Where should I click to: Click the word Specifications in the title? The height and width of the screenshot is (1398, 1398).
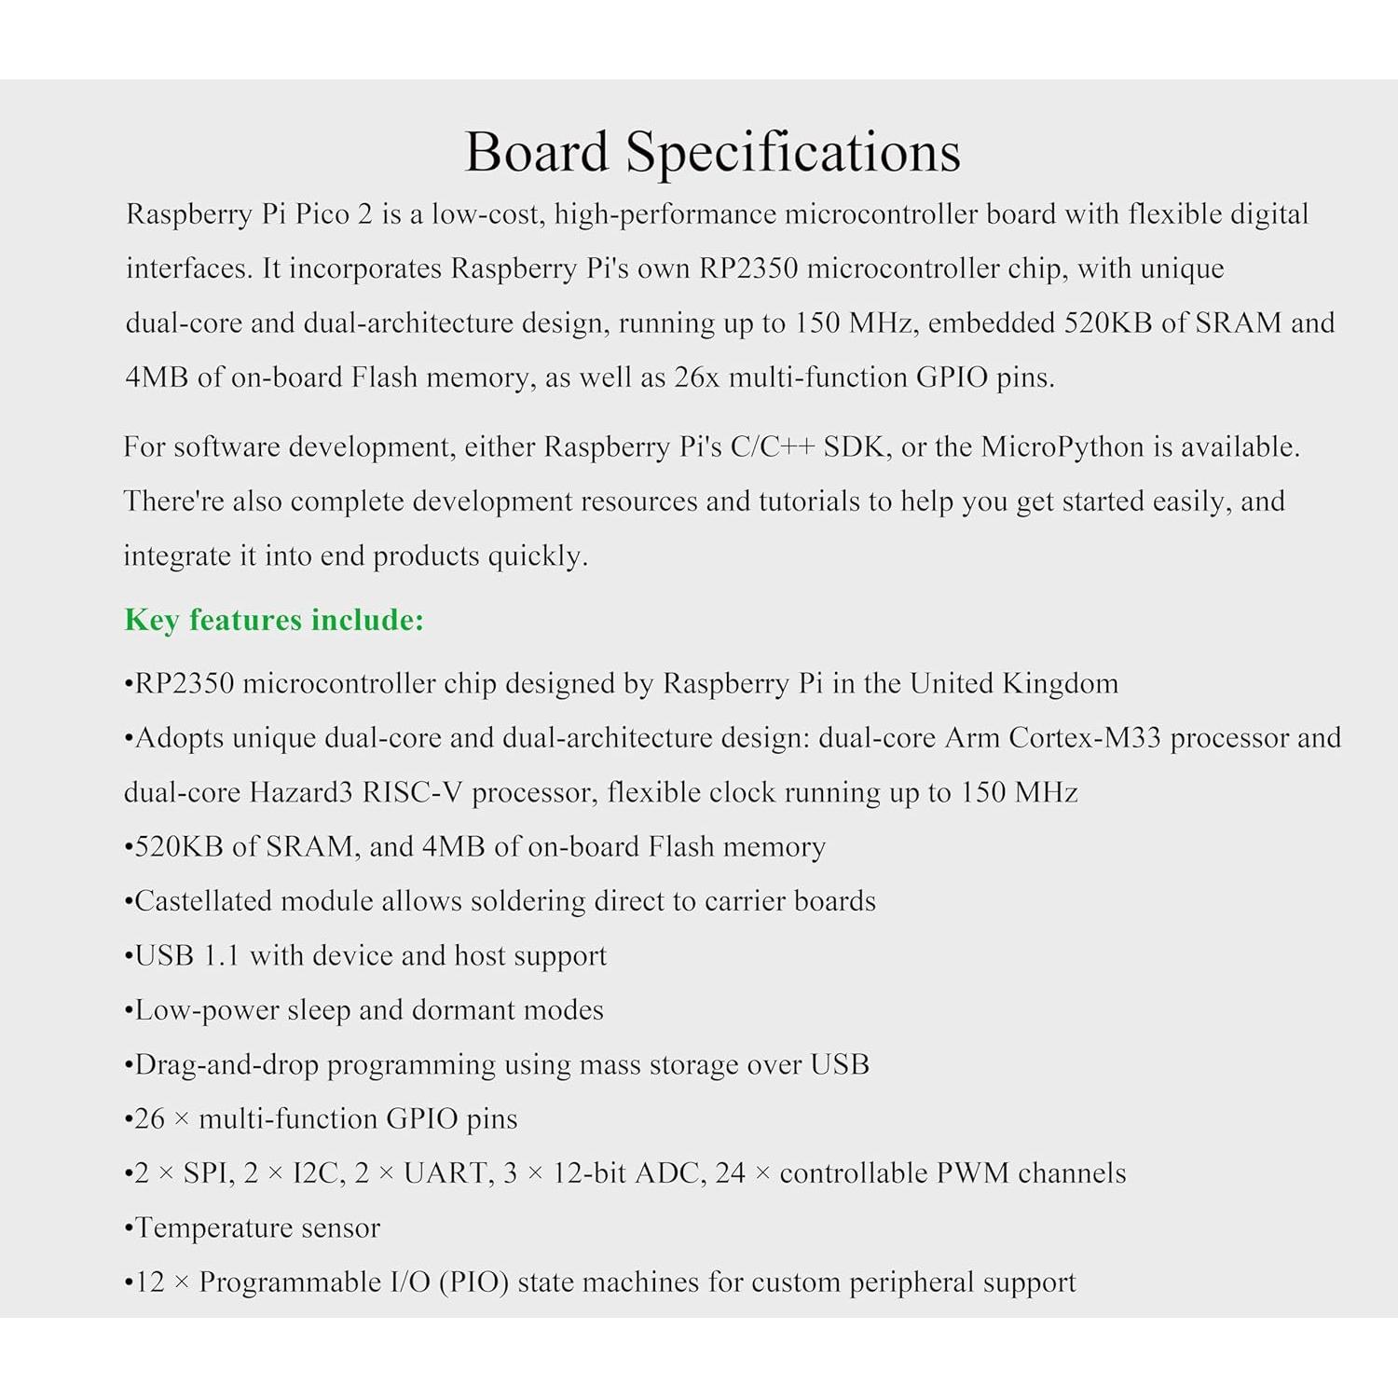[792, 152]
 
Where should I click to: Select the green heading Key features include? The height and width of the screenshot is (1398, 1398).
[274, 620]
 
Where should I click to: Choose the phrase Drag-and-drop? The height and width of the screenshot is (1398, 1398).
[226, 1064]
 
